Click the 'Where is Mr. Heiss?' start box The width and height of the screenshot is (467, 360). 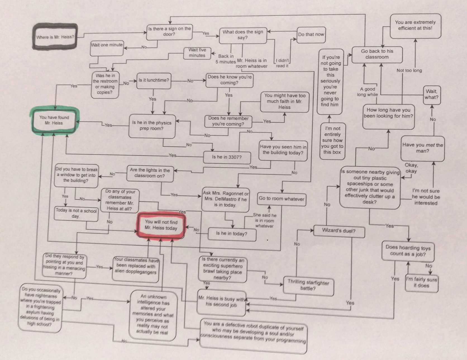tap(55, 37)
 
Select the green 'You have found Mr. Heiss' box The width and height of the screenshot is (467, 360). tap(54, 120)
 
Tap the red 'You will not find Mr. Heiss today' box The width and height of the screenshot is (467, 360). tap(161, 225)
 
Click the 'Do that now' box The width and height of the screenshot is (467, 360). tap(311, 35)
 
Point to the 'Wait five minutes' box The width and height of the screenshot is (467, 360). tap(197, 53)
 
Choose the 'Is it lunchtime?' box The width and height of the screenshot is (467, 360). tap(154, 80)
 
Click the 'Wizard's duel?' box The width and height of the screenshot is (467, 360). tap(339, 231)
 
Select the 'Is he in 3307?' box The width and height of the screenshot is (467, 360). tap(227, 157)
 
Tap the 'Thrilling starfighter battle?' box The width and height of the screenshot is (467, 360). tap(308, 285)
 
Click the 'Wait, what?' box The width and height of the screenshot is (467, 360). tap(432, 94)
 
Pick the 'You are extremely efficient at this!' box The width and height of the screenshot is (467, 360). tap(415, 25)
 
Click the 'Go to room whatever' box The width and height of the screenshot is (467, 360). tap(281, 199)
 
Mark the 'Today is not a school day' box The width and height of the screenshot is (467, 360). tap(76, 213)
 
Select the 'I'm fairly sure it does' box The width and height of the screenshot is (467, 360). tap(421, 283)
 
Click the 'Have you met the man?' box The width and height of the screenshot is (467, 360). tap(422, 148)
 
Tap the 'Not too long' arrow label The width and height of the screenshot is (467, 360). tap(409, 71)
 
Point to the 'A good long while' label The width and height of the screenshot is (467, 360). tap(367, 92)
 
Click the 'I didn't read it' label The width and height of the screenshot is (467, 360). tap(282, 63)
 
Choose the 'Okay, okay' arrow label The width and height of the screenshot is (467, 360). tap(411, 168)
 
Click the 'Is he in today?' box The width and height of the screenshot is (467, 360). tap(232, 234)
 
